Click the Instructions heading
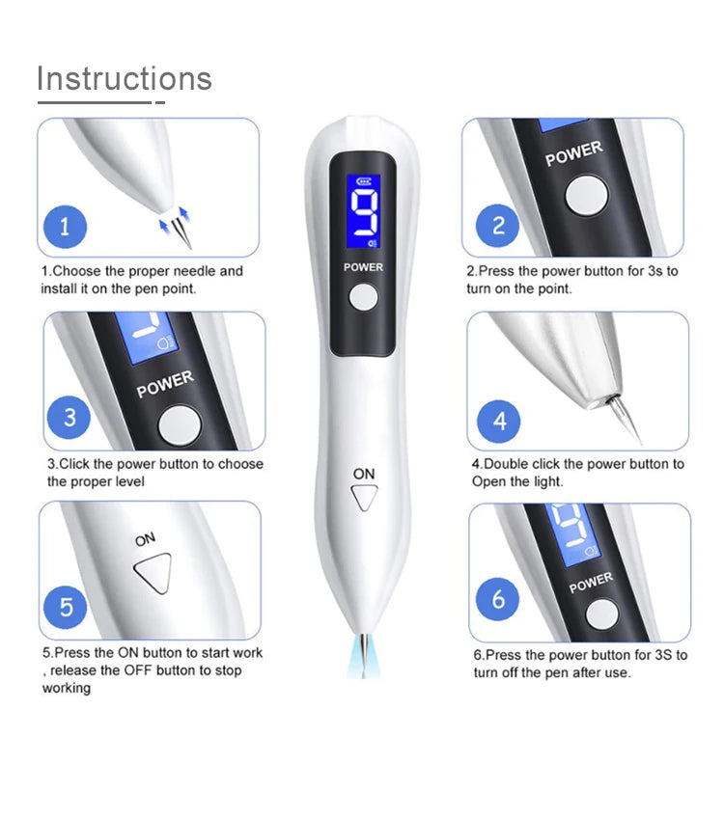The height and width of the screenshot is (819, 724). coord(124,78)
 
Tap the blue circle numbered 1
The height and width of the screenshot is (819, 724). coord(65,228)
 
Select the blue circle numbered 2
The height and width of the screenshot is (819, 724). coord(498,226)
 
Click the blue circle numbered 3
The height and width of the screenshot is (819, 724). coord(70,419)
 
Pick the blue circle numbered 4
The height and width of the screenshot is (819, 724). coord(499,422)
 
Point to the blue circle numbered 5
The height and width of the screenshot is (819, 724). coord(66,608)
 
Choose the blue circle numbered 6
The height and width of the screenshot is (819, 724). coord(498,600)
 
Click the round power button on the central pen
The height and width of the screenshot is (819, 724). coord(363,298)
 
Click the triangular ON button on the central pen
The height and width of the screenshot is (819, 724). coord(364,498)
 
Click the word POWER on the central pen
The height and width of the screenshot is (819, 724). coord(363,267)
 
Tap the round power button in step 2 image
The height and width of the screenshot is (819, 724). coord(587,195)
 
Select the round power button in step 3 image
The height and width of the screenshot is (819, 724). coord(178,423)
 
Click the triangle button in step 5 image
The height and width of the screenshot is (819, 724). coord(153,575)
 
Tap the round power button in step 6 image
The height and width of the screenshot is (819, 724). coord(602,614)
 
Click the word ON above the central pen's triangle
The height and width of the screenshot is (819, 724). coord(364,474)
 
